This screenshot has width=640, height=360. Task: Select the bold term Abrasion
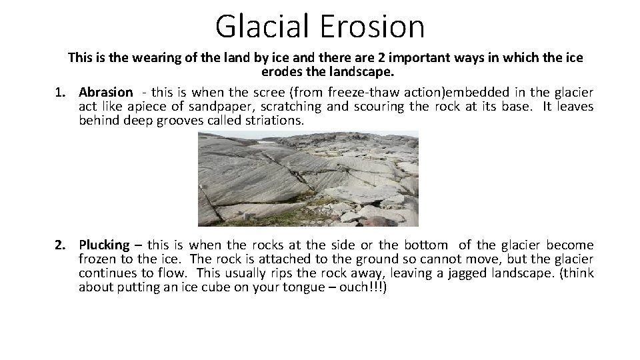[105, 93]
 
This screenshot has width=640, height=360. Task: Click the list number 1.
[59, 93]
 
